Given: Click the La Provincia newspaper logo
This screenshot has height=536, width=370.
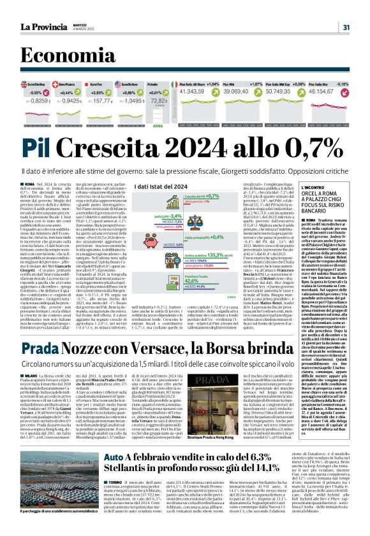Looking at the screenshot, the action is [x=47, y=26].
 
